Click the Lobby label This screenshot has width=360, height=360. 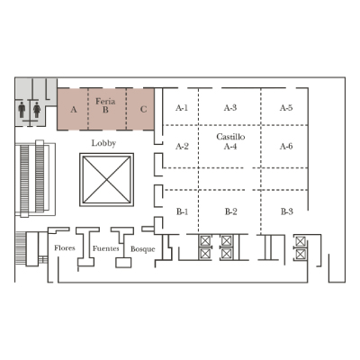click(103, 143)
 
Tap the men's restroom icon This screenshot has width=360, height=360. click(22, 110)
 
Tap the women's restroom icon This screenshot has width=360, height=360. click(37, 110)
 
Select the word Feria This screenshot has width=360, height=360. click(105, 101)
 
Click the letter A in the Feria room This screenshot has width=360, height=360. click(74, 110)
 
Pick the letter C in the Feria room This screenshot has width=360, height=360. click(143, 109)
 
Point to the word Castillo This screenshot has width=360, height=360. click(230, 137)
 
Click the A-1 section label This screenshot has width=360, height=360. click(182, 108)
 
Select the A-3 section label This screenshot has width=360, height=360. click(230, 108)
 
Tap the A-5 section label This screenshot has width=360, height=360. click(286, 108)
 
